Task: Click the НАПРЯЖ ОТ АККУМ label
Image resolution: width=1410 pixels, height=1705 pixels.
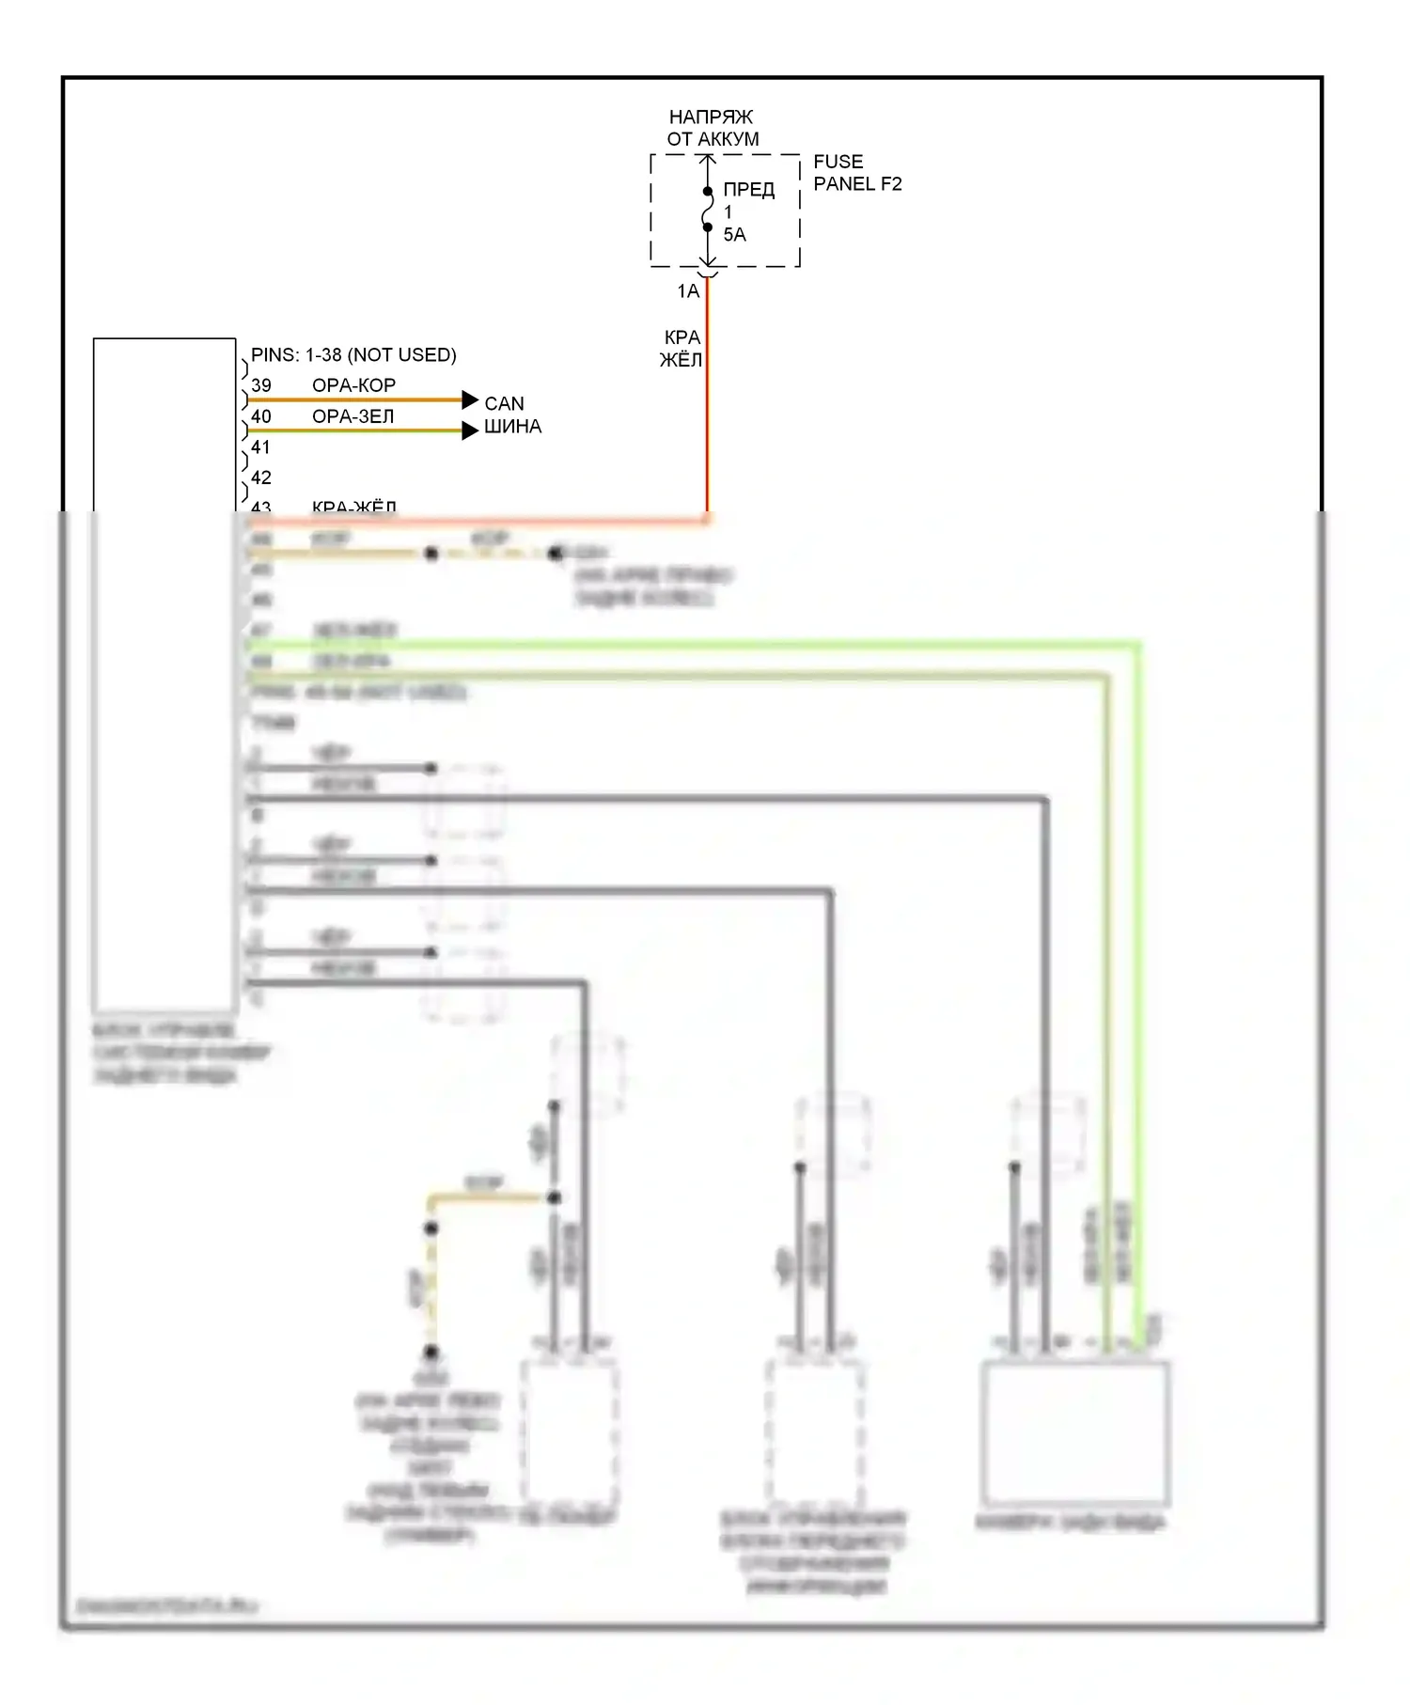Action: tap(712, 128)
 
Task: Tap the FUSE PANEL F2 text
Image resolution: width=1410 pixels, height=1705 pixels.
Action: tap(856, 173)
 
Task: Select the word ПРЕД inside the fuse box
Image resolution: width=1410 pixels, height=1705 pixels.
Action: tap(748, 190)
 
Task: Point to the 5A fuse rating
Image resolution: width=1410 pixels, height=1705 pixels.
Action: tap(734, 235)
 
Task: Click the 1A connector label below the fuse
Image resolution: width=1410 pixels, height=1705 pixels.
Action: tap(688, 291)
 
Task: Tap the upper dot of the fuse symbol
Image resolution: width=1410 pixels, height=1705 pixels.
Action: tap(708, 192)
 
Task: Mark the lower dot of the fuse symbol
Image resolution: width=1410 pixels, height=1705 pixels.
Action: tap(708, 227)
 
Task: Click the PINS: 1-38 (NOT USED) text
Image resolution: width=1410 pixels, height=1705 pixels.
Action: tap(353, 355)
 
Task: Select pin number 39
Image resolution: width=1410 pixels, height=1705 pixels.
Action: tap(261, 385)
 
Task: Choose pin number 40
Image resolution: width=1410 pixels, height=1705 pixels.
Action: tap(261, 416)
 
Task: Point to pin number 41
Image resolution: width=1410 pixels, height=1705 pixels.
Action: tap(261, 447)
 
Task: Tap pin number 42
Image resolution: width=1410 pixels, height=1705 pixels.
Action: tap(261, 477)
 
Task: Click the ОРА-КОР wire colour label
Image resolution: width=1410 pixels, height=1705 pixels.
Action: tap(353, 385)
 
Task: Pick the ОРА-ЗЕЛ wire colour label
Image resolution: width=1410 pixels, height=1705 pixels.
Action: tap(353, 416)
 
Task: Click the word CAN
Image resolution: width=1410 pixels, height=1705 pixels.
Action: tap(504, 403)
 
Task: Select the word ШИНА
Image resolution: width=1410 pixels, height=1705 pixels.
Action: tap(512, 427)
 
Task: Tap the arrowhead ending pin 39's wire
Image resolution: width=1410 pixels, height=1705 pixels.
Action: tap(470, 400)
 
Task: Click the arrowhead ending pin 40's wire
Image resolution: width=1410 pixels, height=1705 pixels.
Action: tap(470, 431)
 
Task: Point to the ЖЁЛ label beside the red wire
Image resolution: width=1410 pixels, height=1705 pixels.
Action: tap(681, 360)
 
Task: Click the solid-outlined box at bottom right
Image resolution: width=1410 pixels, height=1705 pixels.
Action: tap(1075, 1432)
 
